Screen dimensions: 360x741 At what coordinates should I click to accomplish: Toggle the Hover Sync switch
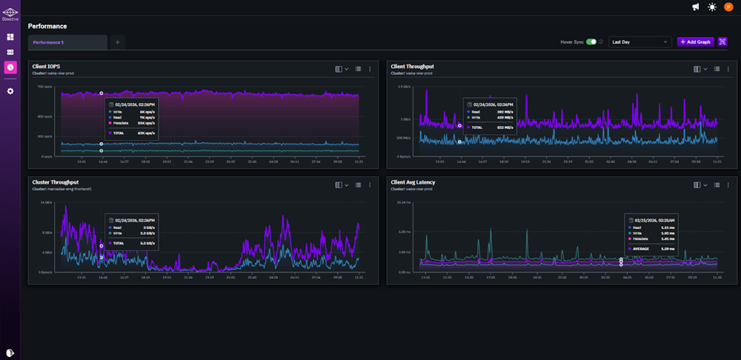(x=591, y=42)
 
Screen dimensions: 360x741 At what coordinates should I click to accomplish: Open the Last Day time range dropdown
(x=639, y=42)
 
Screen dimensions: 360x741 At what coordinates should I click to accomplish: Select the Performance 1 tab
(x=48, y=42)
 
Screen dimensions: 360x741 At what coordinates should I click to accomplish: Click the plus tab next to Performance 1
(x=118, y=42)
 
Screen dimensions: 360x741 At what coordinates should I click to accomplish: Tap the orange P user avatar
(x=728, y=7)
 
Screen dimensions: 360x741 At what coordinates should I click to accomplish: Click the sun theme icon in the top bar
(x=712, y=7)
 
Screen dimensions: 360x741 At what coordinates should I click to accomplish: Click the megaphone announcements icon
(x=696, y=7)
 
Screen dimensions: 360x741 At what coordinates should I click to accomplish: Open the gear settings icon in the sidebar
(x=10, y=91)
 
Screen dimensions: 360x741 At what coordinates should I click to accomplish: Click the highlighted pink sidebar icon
(x=10, y=67)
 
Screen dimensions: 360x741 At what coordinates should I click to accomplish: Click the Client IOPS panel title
(x=46, y=67)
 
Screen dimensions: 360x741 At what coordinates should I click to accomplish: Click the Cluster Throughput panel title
(x=56, y=181)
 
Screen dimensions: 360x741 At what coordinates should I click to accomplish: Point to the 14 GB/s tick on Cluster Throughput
(x=45, y=202)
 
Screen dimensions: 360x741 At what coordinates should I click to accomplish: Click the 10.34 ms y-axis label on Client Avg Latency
(x=405, y=202)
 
